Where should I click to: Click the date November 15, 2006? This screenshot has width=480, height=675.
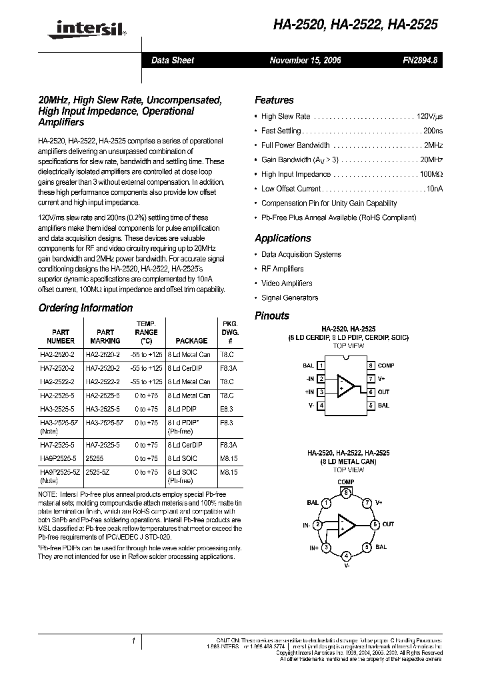pyautogui.click(x=305, y=60)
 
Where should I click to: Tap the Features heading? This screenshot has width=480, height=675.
pyautogui.click(x=274, y=100)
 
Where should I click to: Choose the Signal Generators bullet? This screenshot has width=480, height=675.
pyautogui.click(x=289, y=298)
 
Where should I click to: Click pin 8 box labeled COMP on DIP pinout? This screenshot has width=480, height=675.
pyautogui.click(x=371, y=366)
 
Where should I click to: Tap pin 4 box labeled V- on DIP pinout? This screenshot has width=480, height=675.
pyautogui.click(x=322, y=406)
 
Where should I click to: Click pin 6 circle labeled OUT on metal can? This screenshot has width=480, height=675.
pyautogui.click(x=375, y=525)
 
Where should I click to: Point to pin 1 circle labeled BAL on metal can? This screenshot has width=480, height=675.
pyautogui.click(x=326, y=504)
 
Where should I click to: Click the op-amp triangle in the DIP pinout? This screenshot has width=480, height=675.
pyautogui.click(x=346, y=386)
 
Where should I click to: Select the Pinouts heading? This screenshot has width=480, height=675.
pyautogui.click(x=272, y=316)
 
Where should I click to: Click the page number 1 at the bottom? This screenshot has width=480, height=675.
pyautogui.click(x=133, y=642)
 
